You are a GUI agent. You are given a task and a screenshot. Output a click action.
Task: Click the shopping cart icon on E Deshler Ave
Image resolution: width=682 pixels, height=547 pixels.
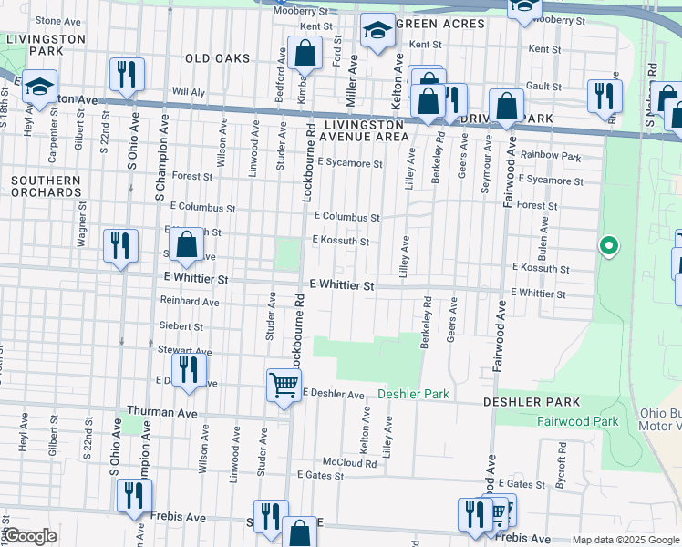284,385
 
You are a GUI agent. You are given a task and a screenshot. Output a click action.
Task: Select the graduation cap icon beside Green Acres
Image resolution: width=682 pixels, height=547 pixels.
377,32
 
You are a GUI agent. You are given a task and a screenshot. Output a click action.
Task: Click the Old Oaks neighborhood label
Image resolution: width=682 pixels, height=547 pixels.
217,58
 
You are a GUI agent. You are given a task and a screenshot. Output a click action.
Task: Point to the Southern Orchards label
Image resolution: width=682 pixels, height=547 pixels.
46,187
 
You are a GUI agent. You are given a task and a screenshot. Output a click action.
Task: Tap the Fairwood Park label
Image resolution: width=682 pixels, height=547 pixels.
577,421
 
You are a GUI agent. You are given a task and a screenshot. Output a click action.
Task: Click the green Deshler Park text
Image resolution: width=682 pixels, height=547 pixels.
414,394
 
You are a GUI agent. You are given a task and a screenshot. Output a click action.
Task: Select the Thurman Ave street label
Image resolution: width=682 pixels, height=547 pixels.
161,412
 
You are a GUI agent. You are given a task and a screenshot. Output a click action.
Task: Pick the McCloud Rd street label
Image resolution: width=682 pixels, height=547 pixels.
349,463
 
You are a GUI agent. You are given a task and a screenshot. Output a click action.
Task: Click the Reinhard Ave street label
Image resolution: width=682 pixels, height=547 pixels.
190,301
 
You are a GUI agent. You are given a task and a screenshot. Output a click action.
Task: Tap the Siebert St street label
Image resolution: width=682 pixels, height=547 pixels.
181,325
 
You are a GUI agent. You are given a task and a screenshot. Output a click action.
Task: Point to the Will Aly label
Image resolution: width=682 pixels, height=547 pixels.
188,92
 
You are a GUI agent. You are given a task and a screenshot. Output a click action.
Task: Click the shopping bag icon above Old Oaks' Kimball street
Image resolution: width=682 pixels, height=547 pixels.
305,54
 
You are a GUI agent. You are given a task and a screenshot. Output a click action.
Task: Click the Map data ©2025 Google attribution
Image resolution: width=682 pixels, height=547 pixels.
625,540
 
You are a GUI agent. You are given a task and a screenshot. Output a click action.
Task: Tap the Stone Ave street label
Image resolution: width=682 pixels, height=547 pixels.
59,20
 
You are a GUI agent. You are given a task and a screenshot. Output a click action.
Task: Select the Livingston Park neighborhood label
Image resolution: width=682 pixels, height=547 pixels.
45,46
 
